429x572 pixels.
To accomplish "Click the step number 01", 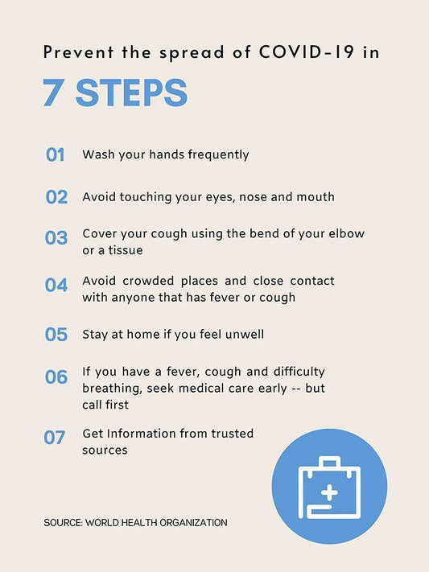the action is click(55, 154).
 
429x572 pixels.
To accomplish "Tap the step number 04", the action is click(56, 285).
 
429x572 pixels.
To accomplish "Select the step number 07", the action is click(55, 438).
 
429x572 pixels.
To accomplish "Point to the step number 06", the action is click(56, 377).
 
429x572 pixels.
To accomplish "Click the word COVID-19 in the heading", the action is click(307, 51).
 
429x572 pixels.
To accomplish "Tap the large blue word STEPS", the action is click(131, 93).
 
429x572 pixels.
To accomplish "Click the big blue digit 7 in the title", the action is click(52, 93).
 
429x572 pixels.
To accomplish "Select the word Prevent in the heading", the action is click(79, 51).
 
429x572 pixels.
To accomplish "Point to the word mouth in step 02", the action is click(316, 197).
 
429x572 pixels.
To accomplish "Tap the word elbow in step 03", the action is click(346, 233).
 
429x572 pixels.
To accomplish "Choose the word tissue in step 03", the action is click(126, 250).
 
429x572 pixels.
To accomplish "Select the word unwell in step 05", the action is click(244, 334).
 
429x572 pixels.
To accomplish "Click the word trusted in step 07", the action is click(233, 434).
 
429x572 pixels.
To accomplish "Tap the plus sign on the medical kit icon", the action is click(330, 493).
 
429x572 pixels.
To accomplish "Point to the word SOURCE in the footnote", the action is click(63, 523).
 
